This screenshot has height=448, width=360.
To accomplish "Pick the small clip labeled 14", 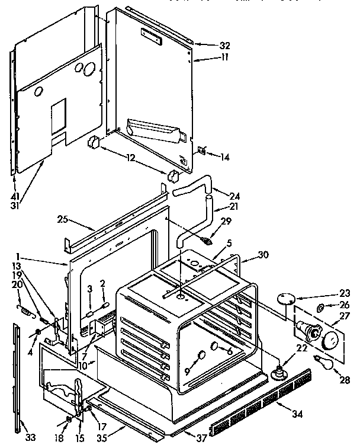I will click(x=201, y=151).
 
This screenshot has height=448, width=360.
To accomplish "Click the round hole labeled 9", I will click(x=201, y=355).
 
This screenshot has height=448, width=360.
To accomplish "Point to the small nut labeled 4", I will click(x=38, y=331).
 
